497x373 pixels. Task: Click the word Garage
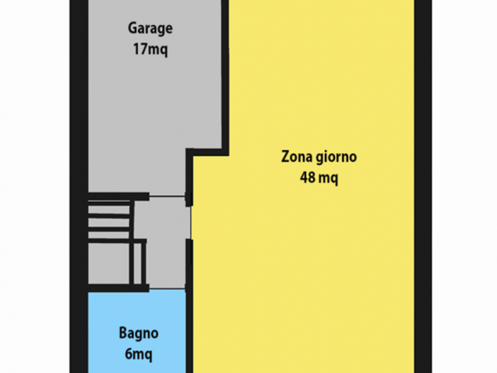(x=150, y=28)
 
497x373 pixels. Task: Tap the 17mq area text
(x=150, y=49)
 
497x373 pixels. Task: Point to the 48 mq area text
(x=319, y=178)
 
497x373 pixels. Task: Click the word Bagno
(x=139, y=334)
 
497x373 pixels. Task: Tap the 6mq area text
(x=139, y=354)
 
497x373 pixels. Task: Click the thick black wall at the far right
(x=423, y=187)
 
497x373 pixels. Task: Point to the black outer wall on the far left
(x=79, y=187)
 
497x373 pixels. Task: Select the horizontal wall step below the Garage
(x=207, y=152)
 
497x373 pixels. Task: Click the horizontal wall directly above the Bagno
(x=118, y=289)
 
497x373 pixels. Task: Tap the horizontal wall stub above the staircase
(x=118, y=197)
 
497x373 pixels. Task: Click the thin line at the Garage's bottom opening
(x=167, y=196)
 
